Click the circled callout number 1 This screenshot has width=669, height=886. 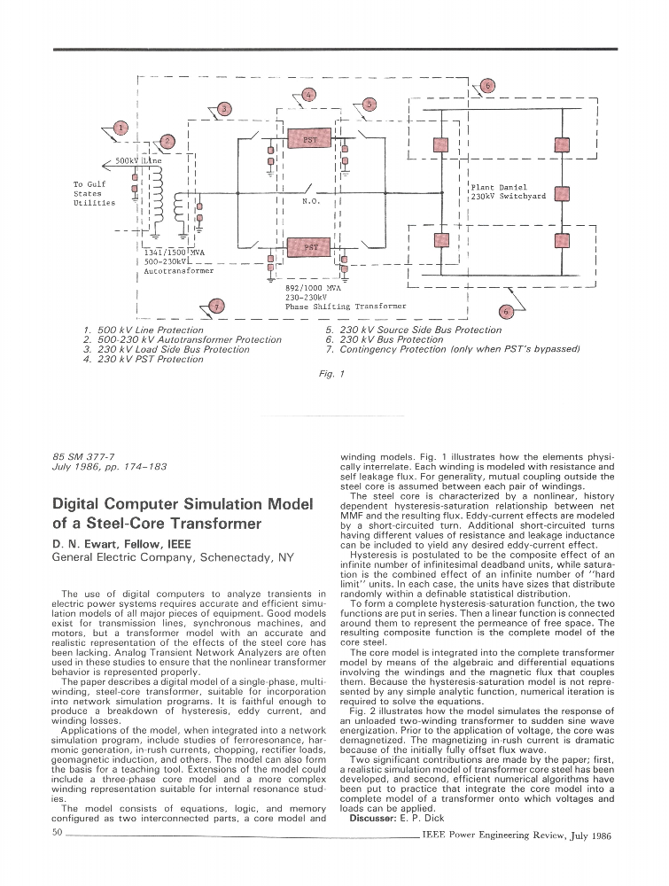point(121,128)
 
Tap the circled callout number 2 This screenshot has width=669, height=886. point(169,140)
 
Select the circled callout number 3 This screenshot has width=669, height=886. point(224,109)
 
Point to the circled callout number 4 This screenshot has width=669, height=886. point(307,94)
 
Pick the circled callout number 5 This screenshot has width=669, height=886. point(370,104)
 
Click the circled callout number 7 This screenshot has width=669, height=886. point(218,307)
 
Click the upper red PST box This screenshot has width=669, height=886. point(310,140)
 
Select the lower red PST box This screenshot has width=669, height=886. point(310,247)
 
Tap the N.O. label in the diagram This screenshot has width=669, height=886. point(309,202)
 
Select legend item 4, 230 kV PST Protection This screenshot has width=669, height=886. point(143,360)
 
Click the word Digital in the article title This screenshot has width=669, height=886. point(83,505)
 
